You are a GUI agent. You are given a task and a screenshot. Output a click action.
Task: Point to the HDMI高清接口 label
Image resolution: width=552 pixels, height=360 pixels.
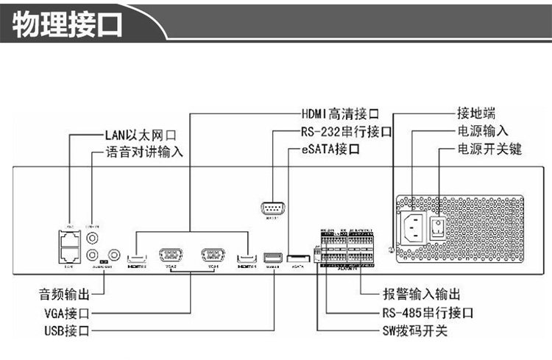point(339,114)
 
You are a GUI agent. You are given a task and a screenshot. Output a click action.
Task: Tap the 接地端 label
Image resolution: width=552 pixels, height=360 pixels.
point(475,114)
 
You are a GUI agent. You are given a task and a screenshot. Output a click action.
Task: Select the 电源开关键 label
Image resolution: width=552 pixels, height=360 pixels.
point(489,150)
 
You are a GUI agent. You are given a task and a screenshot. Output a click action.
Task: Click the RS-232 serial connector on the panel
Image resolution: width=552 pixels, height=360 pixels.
point(273,208)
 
